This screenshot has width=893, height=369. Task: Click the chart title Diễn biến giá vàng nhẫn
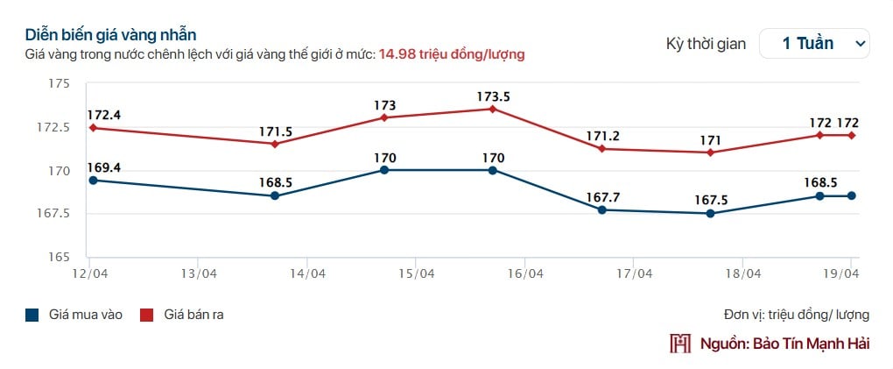pyautogui.click(x=110, y=35)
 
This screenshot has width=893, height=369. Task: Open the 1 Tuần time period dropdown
pyautogui.click(x=814, y=43)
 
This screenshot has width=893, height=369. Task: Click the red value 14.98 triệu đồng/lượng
pyautogui.click(x=451, y=54)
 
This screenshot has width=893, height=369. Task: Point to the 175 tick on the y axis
pyautogui.click(x=59, y=83)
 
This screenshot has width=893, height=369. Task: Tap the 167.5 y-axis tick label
pyautogui.click(x=53, y=213)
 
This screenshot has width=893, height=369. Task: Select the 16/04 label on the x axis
pyautogui.click(x=524, y=273)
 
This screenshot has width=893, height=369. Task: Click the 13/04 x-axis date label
pyautogui.click(x=198, y=273)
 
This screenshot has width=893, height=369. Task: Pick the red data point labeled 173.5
pyautogui.click(x=493, y=109)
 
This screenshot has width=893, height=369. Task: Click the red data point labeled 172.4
pyautogui.click(x=92, y=128)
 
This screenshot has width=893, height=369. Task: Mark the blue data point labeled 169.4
pyautogui.click(x=92, y=180)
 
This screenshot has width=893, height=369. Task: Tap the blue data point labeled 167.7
pyautogui.click(x=602, y=209)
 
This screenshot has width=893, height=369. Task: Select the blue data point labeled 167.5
pyautogui.click(x=710, y=213)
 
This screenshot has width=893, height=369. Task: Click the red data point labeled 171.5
pyautogui.click(x=275, y=144)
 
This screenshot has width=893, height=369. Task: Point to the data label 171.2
pyautogui.click(x=602, y=136)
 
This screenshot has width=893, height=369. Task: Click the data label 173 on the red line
pyautogui.click(x=384, y=105)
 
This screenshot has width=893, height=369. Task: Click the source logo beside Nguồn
pyautogui.click(x=680, y=343)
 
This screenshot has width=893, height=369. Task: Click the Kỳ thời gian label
pyautogui.click(x=706, y=43)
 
